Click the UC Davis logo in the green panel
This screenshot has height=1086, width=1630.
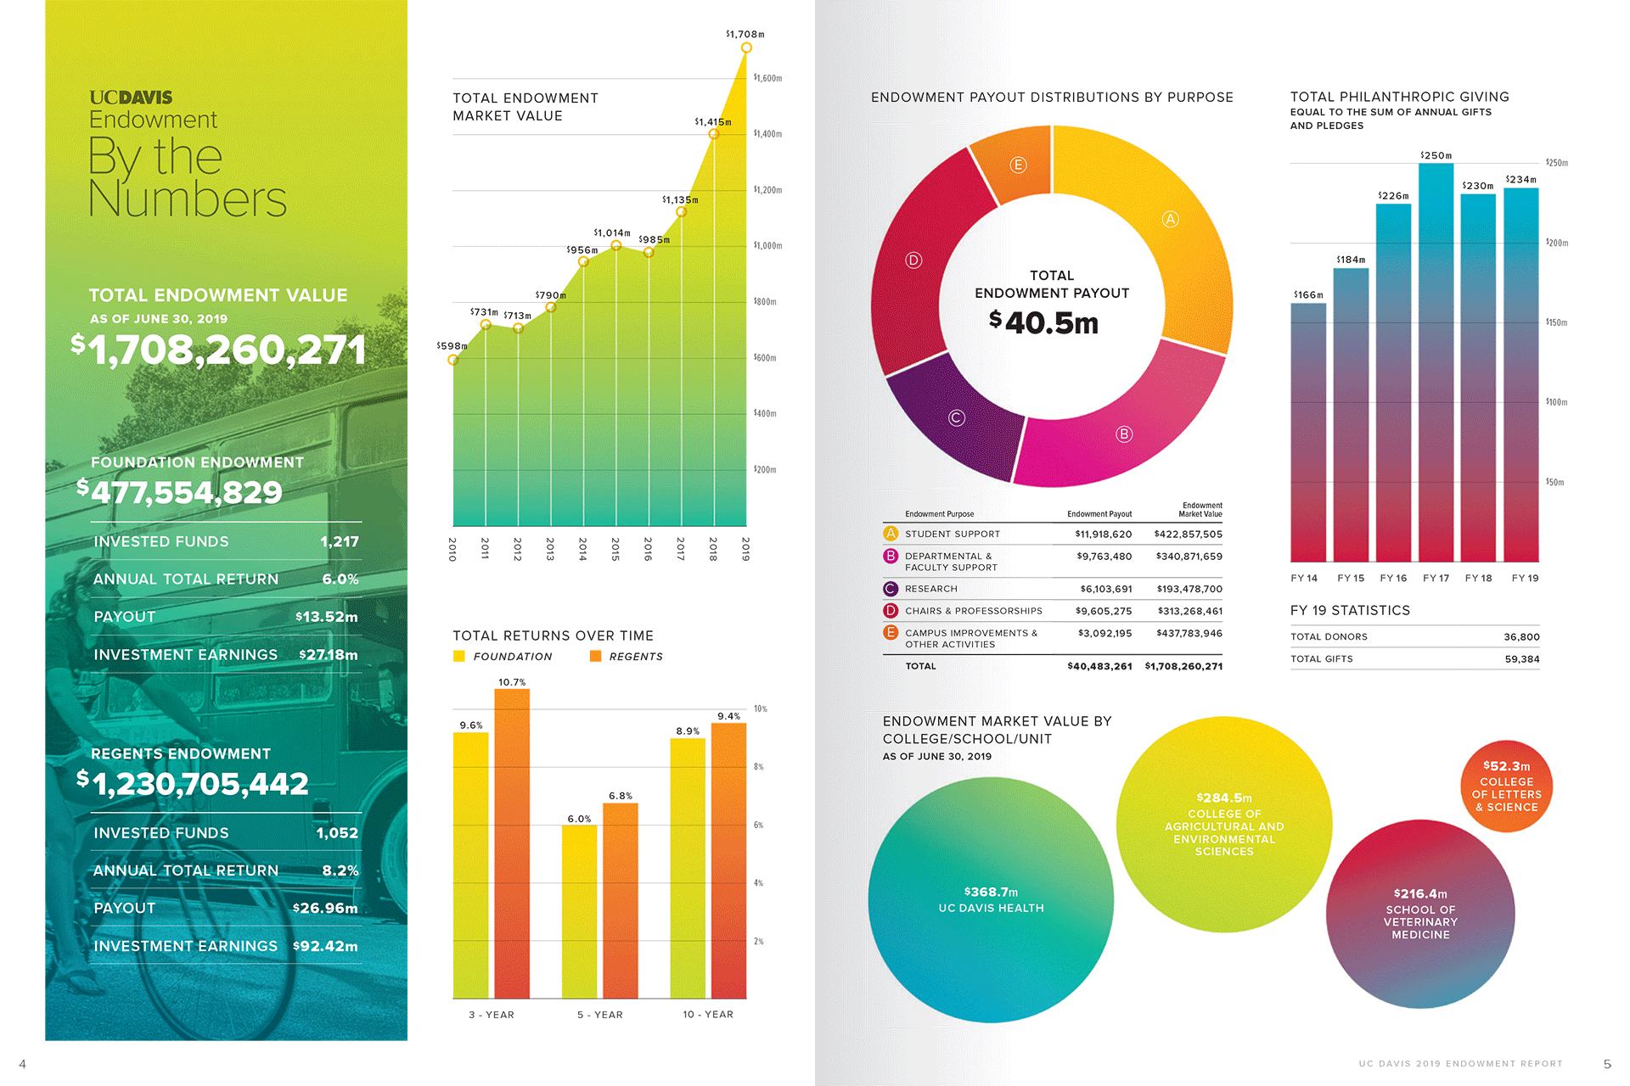(x=131, y=98)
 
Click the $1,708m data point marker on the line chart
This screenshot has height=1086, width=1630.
(x=746, y=48)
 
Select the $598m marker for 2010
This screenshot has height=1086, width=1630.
(x=453, y=360)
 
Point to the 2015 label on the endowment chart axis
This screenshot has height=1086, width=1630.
(x=615, y=548)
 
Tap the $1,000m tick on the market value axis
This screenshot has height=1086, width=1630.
(x=767, y=246)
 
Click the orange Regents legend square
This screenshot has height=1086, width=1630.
(x=595, y=656)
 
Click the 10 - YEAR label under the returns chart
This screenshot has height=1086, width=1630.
(x=708, y=1015)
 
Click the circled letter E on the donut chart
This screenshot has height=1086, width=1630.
(x=1018, y=165)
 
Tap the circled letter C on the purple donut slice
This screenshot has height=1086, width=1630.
(x=957, y=417)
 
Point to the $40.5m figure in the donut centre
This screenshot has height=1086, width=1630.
(x=1044, y=322)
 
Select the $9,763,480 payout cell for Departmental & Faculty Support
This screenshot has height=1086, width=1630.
(x=1104, y=557)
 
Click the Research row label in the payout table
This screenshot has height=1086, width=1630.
(x=930, y=589)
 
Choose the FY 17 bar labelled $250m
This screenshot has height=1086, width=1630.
(x=1436, y=361)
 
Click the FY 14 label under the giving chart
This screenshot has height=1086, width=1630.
(x=1304, y=579)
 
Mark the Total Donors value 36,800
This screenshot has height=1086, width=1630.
(x=1521, y=637)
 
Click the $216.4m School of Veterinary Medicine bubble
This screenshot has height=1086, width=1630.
(x=1420, y=914)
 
